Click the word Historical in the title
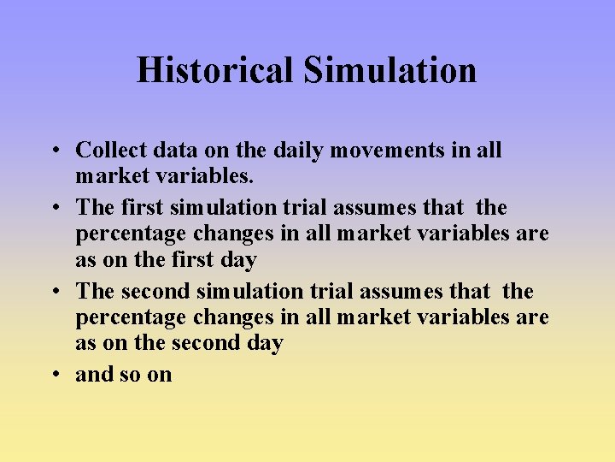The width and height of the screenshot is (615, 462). tap(214, 70)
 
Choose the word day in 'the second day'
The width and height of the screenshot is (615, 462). tap(266, 344)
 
